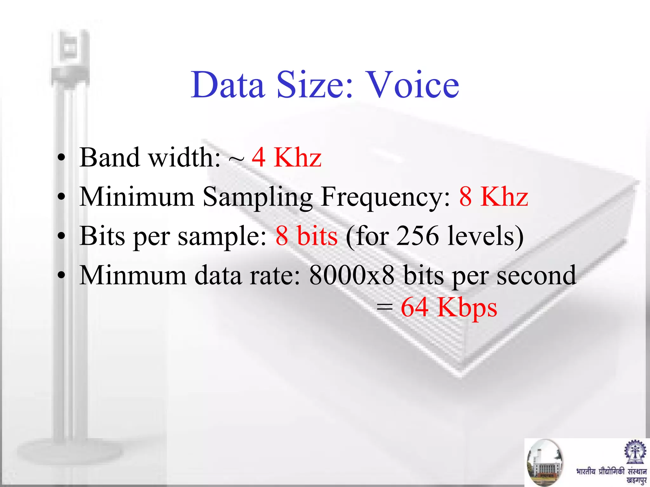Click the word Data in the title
pyautogui.click(x=228, y=85)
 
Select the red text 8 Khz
pyautogui.click(x=494, y=197)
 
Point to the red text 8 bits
pyautogui.click(x=306, y=236)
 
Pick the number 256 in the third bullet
pyautogui.click(x=418, y=236)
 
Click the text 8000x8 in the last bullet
pyautogui.click(x=352, y=275)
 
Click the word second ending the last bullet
pyautogui.click(x=536, y=275)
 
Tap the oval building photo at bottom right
pyautogui.click(x=544, y=463)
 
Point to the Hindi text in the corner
pyautogui.click(x=611, y=475)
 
